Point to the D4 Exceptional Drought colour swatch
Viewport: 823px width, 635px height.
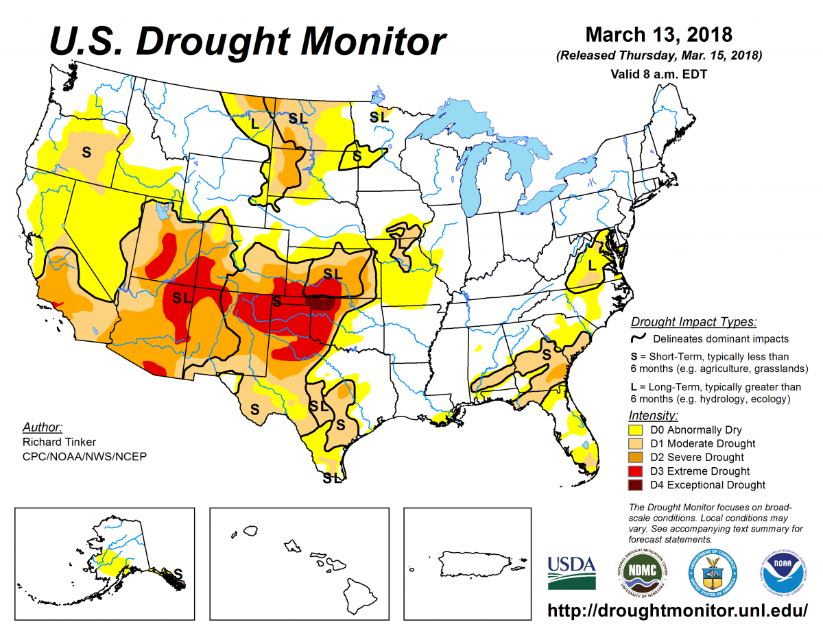(x=636, y=485)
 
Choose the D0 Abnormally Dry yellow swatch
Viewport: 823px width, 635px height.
(x=636, y=430)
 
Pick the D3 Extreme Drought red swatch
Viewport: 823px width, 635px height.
(x=636, y=471)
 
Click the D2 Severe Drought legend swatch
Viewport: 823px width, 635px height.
(x=636, y=458)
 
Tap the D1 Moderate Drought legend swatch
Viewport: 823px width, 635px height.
(x=636, y=444)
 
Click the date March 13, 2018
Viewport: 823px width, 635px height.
(x=658, y=34)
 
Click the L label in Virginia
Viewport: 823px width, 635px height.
(x=592, y=265)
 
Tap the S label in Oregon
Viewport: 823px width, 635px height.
(x=86, y=151)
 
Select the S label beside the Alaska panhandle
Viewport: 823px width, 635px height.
(x=178, y=573)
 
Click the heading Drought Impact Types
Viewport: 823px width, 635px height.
(x=693, y=322)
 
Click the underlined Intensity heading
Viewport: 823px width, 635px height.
(x=654, y=416)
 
